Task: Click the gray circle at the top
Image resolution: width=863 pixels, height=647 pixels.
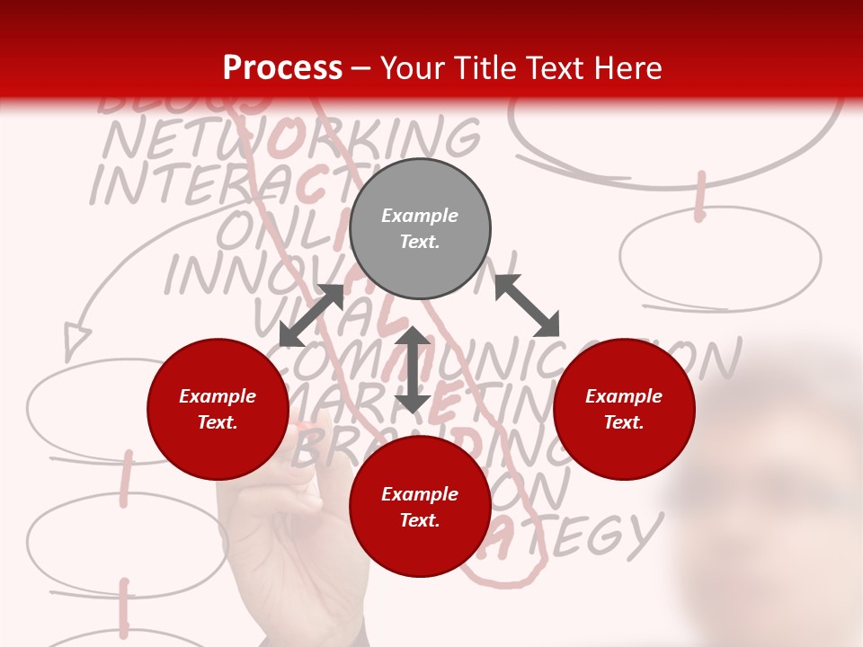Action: point(420,229)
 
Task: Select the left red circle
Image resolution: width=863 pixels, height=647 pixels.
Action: point(218,410)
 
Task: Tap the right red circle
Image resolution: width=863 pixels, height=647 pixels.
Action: point(624,410)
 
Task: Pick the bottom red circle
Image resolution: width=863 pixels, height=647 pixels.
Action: point(420,507)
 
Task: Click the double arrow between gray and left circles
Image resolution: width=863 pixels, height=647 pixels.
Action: point(312,315)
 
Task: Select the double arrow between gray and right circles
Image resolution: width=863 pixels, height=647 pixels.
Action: point(527,306)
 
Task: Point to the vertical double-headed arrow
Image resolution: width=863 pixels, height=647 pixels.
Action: point(413,369)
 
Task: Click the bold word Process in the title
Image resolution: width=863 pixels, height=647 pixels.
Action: point(282,67)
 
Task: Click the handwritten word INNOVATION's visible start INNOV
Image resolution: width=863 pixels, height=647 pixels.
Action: point(234,275)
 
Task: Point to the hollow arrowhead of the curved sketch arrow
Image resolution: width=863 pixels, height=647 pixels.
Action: point(77,337)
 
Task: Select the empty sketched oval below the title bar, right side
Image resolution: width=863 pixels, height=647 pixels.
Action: point(720,257)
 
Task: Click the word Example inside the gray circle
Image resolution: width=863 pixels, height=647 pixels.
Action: point(420,216)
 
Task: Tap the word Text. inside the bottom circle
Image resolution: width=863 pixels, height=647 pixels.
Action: point(420,520)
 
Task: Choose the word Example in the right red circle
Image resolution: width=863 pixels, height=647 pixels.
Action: point(624,396)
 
